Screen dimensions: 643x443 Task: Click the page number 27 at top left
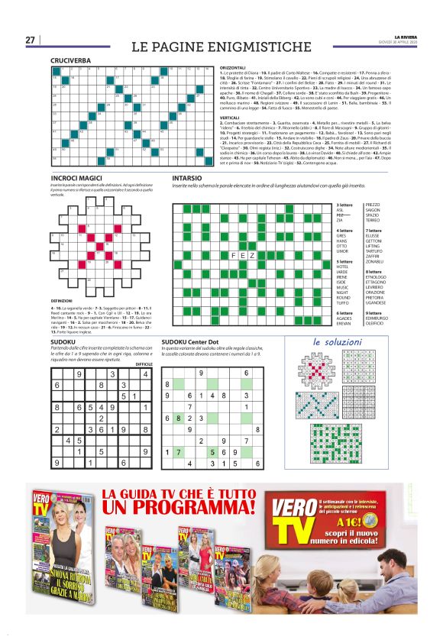(x=31, y=40)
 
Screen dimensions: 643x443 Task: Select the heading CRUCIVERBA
(x=71, y=59)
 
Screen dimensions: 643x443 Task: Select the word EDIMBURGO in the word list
(x=380, y=318)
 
